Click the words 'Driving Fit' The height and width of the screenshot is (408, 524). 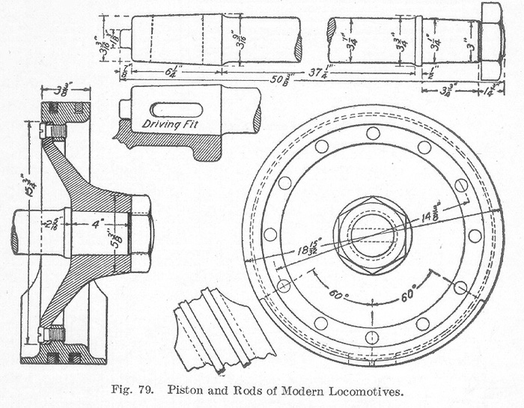pos(168,122)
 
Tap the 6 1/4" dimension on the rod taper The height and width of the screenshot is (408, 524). pos(169,71)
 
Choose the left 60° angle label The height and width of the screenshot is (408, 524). pos(338,295)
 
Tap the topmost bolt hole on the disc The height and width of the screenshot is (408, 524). pos(373,133)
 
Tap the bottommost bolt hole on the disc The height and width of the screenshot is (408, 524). pos(372,336)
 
